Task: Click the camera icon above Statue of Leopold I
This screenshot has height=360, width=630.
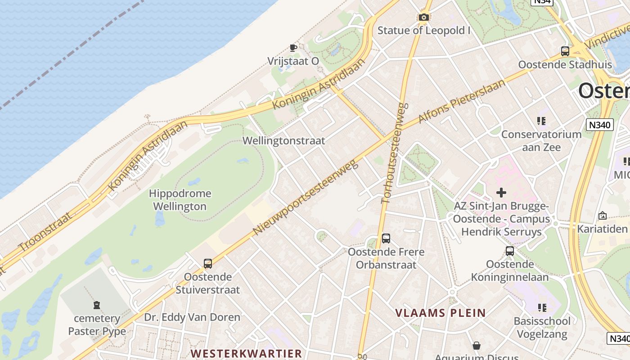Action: point(423,18)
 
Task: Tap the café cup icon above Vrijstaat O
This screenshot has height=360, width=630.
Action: point(293,48)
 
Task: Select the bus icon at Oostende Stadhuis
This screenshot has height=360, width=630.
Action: point(565,51)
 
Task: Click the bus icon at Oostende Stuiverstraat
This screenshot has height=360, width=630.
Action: point(207,264)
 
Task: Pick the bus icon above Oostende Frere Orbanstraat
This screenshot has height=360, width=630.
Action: point(386,238)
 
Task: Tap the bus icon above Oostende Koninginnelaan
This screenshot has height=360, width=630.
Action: point(509,251)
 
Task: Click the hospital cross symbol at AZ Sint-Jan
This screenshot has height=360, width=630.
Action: point(501,193)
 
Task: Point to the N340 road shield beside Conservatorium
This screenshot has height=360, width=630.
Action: point(600,125)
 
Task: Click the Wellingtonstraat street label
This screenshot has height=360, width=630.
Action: point(283,141)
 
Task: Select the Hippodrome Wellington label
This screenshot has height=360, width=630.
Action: point(180,200)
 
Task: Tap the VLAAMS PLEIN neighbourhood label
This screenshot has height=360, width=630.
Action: point(441,313)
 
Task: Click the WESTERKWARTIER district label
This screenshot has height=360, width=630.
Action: point(246,353)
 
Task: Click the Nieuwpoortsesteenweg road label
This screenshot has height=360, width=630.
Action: point(306,197)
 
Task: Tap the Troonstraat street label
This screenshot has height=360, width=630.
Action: point(45,232)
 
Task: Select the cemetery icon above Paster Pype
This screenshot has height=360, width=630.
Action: point(97,306)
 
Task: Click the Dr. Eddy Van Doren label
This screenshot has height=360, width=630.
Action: point(192,317)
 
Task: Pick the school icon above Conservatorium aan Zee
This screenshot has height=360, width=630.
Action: point(541,121)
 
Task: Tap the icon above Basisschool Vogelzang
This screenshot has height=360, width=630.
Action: point(542,308)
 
